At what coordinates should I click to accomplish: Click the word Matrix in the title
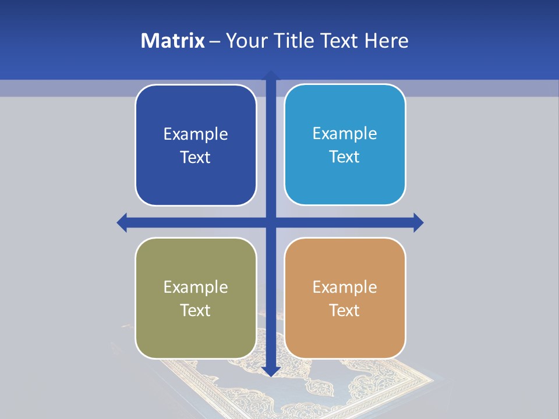pos(172,41)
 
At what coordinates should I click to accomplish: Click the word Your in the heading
pos(246,41)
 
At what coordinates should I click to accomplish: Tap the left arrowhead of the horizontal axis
pos(122,222)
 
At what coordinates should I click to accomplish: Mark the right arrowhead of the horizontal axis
pos(418,222)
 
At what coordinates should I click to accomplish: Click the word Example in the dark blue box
pos(196,134)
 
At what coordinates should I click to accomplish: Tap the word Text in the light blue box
pos(345,157)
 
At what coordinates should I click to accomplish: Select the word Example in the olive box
pos(196,287)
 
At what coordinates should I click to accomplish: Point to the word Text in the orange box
pos(345,310)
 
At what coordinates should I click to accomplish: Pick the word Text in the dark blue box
pos(196,158)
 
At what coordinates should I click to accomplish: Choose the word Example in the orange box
pos(345,287)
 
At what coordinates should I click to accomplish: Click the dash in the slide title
pos(215,41)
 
